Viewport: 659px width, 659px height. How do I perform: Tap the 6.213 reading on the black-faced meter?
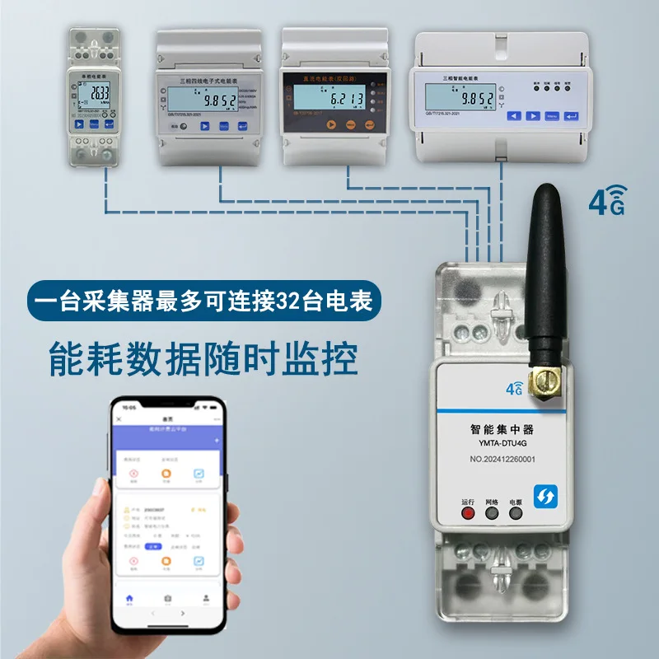coord(347,100)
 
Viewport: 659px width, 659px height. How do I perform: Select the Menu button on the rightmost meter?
coord(552,116)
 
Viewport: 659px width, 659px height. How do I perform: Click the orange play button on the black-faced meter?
coord(329,125)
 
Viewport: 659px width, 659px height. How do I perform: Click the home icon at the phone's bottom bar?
coord(129,598)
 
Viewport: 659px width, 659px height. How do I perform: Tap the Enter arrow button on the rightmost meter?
coord(573,116)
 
